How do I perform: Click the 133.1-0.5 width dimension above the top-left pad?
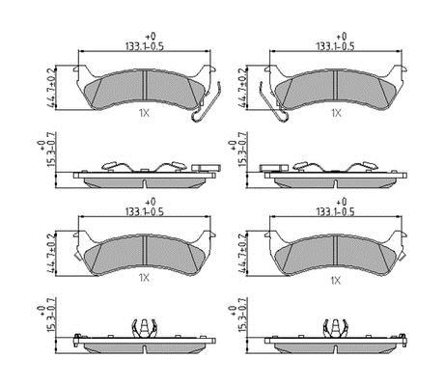click(x=145, y=46)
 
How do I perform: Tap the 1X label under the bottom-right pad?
click(x=335, y=281)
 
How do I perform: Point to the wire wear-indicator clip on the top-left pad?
click(x=206, y=103)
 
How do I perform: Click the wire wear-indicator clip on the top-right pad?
click(x=273, y=102)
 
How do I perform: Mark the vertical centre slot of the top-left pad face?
click(x=145, y=86)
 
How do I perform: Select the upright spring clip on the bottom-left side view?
click(x=145, y=329)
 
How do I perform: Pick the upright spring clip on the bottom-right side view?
click(x=336, y=329)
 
